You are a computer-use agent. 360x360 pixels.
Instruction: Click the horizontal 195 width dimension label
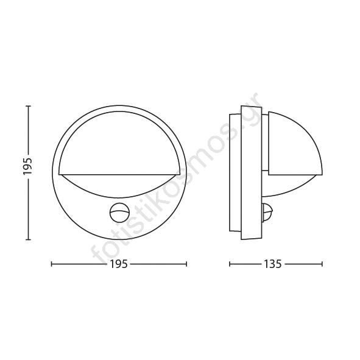pos(119,264)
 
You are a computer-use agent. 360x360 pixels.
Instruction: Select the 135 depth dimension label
pos(272,264)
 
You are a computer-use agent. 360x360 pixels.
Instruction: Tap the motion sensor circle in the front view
pos(118,213)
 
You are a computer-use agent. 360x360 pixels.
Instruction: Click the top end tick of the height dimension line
pos(29,107)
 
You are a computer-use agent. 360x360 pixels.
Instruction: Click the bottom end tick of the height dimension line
pos(29,239)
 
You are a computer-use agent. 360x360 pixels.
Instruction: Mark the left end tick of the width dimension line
pos(52,264)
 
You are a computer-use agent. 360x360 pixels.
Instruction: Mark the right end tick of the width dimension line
pos(186,264)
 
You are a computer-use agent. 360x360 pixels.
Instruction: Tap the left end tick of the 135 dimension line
pos(230,264)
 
